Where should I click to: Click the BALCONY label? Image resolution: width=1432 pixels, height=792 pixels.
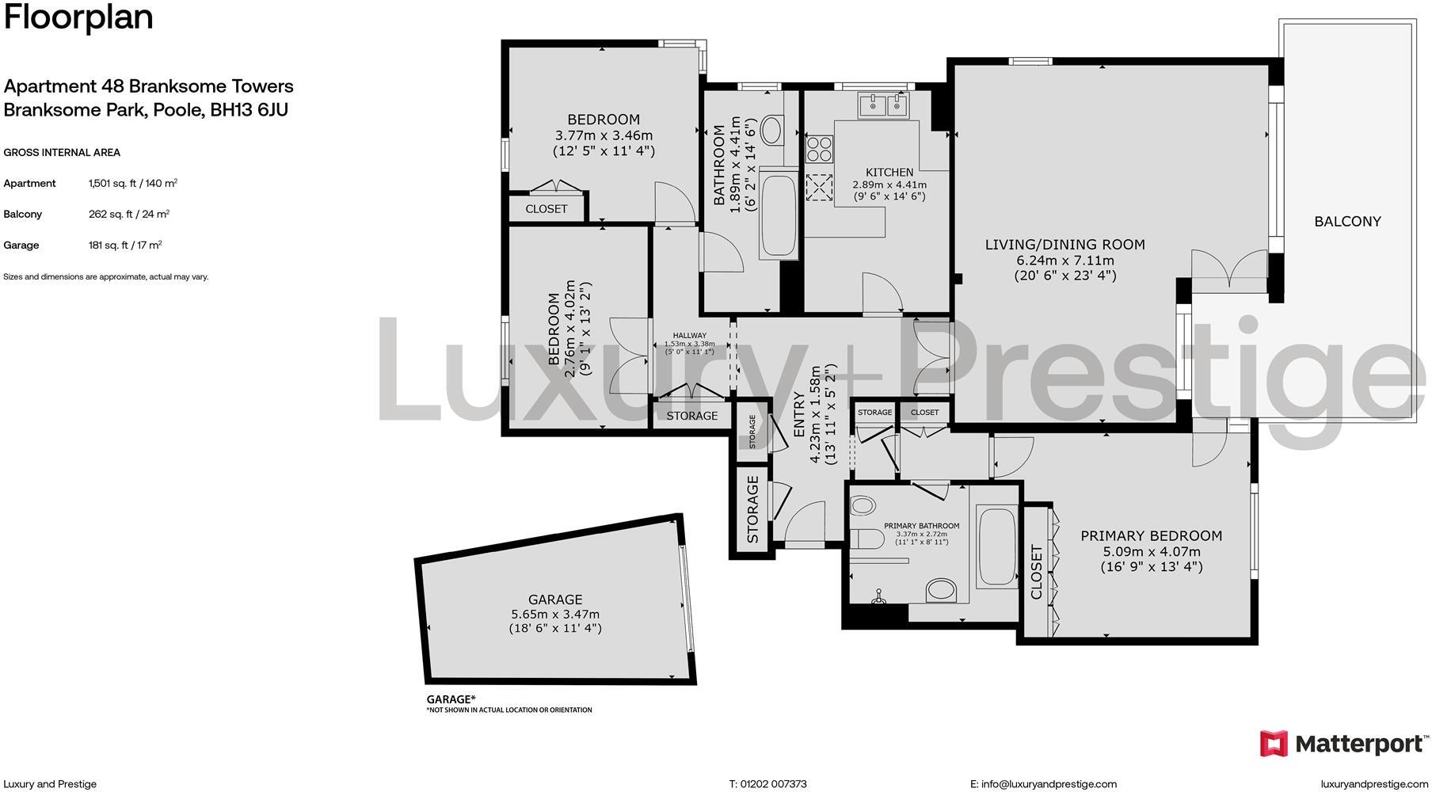coord(1347,222)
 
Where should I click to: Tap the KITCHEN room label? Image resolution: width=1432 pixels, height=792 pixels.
coord(889,172)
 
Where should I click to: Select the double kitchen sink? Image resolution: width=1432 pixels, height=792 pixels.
coord(882,104)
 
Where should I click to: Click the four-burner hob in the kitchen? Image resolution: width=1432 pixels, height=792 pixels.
coord(819,149)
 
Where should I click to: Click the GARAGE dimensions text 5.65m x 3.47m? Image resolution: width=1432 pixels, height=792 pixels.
coord(554,614)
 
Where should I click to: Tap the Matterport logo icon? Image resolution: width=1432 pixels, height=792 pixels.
coord(1274,744)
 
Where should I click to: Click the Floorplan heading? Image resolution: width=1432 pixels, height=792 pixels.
coord(78,17)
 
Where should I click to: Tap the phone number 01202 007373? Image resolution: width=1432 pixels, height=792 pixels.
coord(773,784)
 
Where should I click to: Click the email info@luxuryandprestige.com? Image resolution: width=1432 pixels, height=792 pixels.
coord(1049,784)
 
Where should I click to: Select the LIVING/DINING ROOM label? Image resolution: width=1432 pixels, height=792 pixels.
coord(1064,245)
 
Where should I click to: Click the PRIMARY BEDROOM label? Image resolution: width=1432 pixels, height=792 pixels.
coord(1151,536)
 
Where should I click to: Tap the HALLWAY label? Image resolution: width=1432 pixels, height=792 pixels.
coord(689,336)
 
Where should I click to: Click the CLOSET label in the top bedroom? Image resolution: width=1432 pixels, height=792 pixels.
coord(546,209)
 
